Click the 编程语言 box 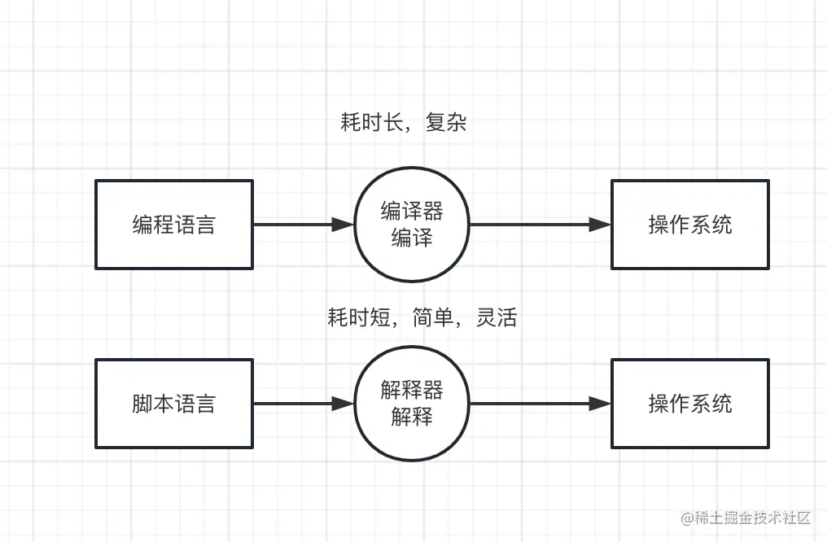click(x=174, y=225)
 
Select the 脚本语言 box click(x=174, y=404)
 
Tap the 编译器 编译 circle click(x=412, y=225)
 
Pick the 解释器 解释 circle click(x=412, y=404)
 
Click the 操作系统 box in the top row click(x=689, y=225)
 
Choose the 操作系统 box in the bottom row click(x=689, y=404)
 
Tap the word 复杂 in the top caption click(x=446, y=123)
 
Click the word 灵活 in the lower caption click(x=497, y=317)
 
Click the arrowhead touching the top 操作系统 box click(x=601, y=225)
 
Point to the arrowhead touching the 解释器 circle click(x=343, y=404)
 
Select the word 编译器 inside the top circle click(x=412, y=212)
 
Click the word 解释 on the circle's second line click(x=412, y=417)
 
